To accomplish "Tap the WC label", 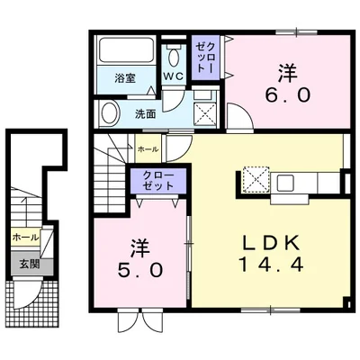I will pos(173,76).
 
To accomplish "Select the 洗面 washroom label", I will pos(146,114).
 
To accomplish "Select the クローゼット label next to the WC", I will pos(204,57).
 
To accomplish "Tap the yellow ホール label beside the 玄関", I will pos(26,237).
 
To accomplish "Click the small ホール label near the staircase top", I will pos(148,148).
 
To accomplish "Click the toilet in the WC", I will pos(173,55).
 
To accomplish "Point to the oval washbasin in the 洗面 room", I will pos(111,114).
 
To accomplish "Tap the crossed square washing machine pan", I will pos(206,113).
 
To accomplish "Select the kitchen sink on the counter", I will pos(286,184).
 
